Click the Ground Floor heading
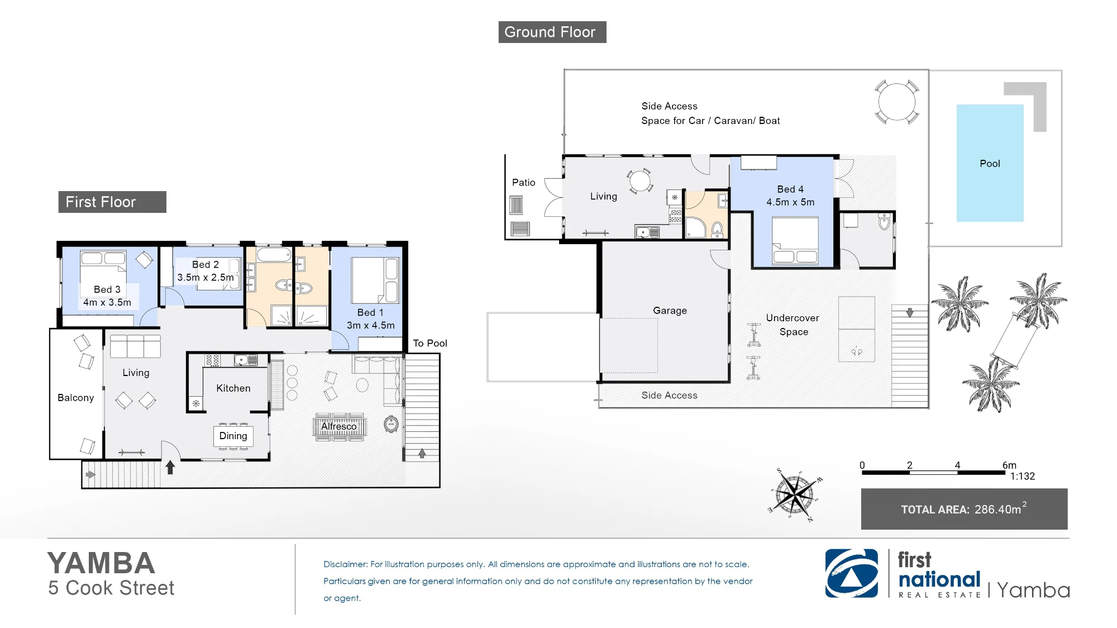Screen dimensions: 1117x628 [x=552, y=32]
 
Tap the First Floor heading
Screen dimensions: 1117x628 [x=112, y=202]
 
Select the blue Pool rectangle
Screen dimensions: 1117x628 [x=990, y=163]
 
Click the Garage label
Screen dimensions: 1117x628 [x=670, y=311]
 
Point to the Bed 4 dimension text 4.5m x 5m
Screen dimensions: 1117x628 [x=790, y=202]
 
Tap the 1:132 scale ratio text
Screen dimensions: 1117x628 [x=1022, y=476]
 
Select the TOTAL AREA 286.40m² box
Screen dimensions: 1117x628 [x=964, y=509]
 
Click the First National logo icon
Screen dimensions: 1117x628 [x=852, y=573]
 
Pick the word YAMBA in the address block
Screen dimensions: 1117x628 [x=101, y=563]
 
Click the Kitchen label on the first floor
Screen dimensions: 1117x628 [x=233, y=388]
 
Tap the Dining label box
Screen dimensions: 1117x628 [x=233, y=436]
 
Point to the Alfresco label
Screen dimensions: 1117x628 [x=338, y=426]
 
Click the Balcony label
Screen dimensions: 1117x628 [x=75, y=398]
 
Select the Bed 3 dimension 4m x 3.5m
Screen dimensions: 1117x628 [x=107, y=302]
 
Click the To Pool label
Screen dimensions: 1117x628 [x=430, y=343]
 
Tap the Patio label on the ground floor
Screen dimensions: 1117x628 [x=523, y=183]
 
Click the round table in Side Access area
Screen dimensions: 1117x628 [x=896, y=102]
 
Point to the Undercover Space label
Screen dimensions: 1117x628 [x=793, y=325]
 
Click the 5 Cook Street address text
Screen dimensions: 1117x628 [x=111, y=588]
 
